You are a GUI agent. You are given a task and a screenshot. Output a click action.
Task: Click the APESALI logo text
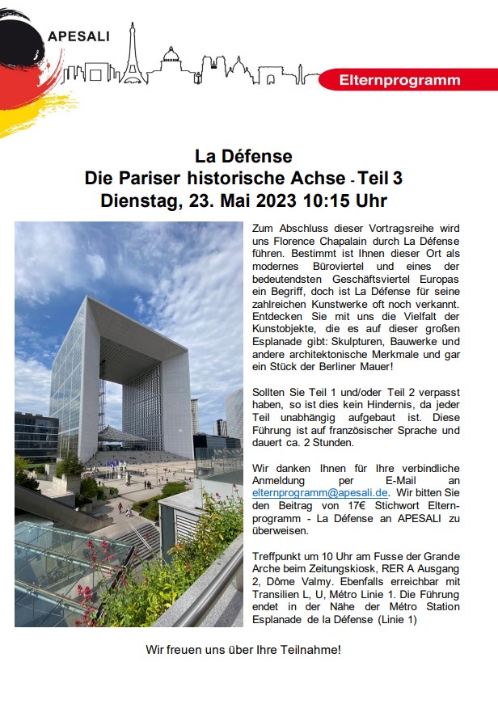coord(78,35)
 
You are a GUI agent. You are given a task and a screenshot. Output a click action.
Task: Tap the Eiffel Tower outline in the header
coord(132,55)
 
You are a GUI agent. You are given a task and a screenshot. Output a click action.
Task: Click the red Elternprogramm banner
coord(399,80)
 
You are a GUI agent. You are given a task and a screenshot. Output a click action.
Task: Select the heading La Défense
coord(243,155)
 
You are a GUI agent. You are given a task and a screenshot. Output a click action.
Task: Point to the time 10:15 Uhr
coord(346,200)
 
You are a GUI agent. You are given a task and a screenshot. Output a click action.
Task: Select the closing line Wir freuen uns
coord(243,649)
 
